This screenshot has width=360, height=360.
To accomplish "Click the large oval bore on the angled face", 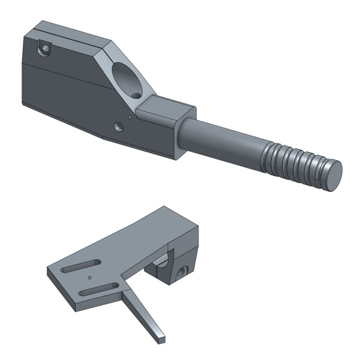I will pos(128,80).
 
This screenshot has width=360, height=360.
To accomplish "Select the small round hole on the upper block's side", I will pos(118,126).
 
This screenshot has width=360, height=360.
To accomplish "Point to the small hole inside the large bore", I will pos(136,94).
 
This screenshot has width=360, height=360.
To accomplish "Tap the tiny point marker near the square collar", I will pos(128,118).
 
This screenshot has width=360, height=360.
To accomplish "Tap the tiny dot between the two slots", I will pos(89,278).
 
